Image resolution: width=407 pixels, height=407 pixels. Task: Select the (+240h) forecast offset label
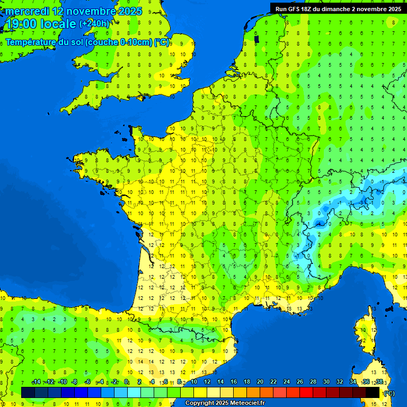coord(94,24)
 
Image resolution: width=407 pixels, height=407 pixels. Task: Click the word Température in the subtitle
coord(31,42)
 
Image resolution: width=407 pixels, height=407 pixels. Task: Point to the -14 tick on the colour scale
coord(36,382)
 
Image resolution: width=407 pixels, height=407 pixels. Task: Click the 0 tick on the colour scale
coord(126,382)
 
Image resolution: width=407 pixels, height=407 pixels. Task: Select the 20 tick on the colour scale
coord(260,382)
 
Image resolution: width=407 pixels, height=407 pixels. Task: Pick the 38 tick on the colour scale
coord(379,382)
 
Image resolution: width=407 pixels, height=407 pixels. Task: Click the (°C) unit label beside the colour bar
coord(389,393)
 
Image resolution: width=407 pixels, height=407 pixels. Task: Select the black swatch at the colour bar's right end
coord(373,393)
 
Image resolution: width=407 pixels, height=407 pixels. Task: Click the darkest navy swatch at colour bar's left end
coord(28,393)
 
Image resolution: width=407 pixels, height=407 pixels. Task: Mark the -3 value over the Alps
coord(361,202)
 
